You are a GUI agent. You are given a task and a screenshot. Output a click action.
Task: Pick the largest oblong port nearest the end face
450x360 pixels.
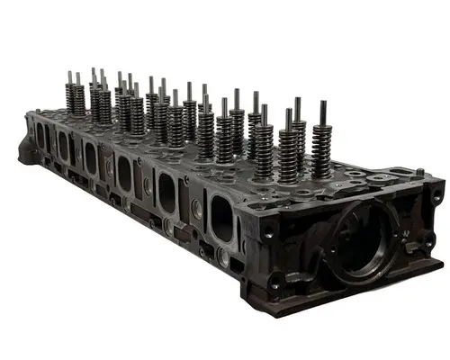(x=220, y=218)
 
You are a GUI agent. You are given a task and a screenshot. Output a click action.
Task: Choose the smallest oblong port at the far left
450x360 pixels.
(x=40, y=136)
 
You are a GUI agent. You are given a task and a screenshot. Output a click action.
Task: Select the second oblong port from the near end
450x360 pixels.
(x=167, y=193)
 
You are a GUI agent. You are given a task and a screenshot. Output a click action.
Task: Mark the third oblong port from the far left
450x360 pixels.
(x=91, y=158)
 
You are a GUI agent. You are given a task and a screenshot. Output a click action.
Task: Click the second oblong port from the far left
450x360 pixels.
(x=63, y=146)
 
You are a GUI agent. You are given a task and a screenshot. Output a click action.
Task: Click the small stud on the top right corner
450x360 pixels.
(x=419, y=171)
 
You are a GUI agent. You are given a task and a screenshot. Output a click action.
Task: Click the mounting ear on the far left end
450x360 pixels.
(x=24, y=151)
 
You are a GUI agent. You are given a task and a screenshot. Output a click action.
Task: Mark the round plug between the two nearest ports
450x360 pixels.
(x=195, y=210)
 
